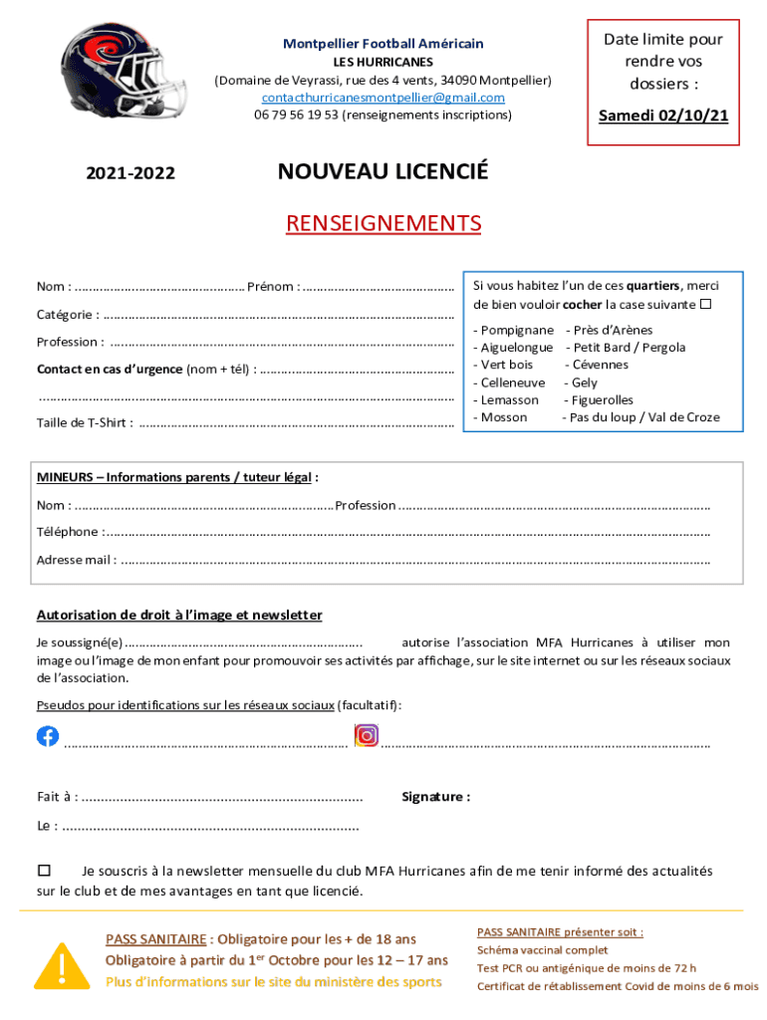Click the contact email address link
click(x=383, y=98)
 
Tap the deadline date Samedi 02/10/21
click(x=662, y=117)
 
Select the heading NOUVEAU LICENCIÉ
click(x=383, y=172)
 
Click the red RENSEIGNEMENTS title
click(x=383, y=223)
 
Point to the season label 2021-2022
click(x=130, y=174)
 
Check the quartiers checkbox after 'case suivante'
click(x=705, y=304)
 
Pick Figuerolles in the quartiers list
click(x=603, y=399)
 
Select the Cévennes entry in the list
click(x=601, y=365)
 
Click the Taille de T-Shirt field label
click(x=85, y=423)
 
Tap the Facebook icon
click(x=48, y=736)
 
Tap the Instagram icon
click(x=367, y=736)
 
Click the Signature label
click(x=435, y=797)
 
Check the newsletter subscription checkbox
click(x=44, y=871)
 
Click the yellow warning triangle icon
click(x=61, y=963)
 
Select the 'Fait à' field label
click(x=58, y=797)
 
